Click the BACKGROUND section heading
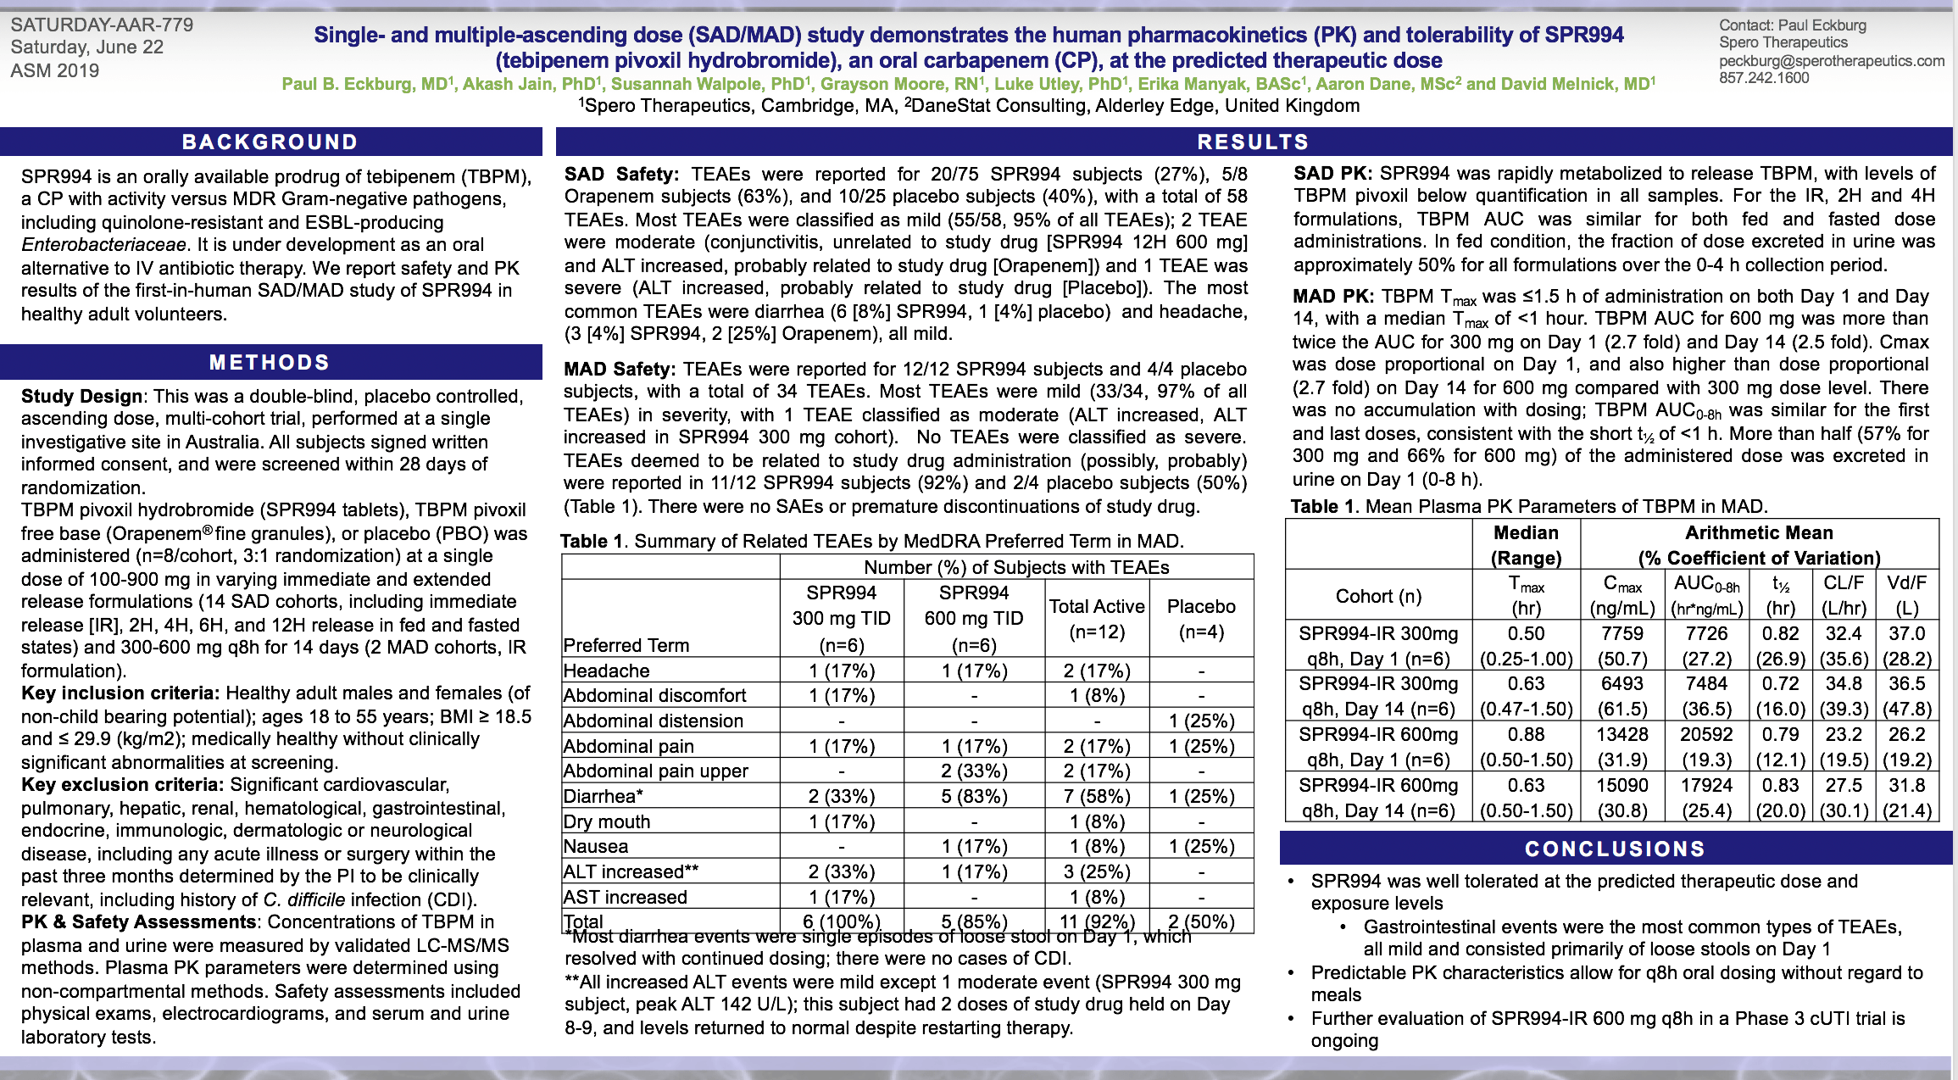[270, 142]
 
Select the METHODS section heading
[270, 362]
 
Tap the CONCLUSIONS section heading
[1615, 849]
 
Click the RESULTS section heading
[1253, 142]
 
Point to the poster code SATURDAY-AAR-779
[102, 25]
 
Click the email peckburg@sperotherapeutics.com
[1832, 60]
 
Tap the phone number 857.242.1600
[1764, 78]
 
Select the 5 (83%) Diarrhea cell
[974, 796]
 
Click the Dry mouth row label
[607, 821]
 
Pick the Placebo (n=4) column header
[1201, 618]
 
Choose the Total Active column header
[1097, 618]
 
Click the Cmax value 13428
[1622, 734]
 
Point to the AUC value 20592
[1706, 734]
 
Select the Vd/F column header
[1906, 582]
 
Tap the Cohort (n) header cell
[1378, 596]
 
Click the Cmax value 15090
[1622, 785]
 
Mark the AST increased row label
[625, 897]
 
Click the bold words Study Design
[81, 396]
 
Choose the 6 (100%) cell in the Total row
[842, 921]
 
